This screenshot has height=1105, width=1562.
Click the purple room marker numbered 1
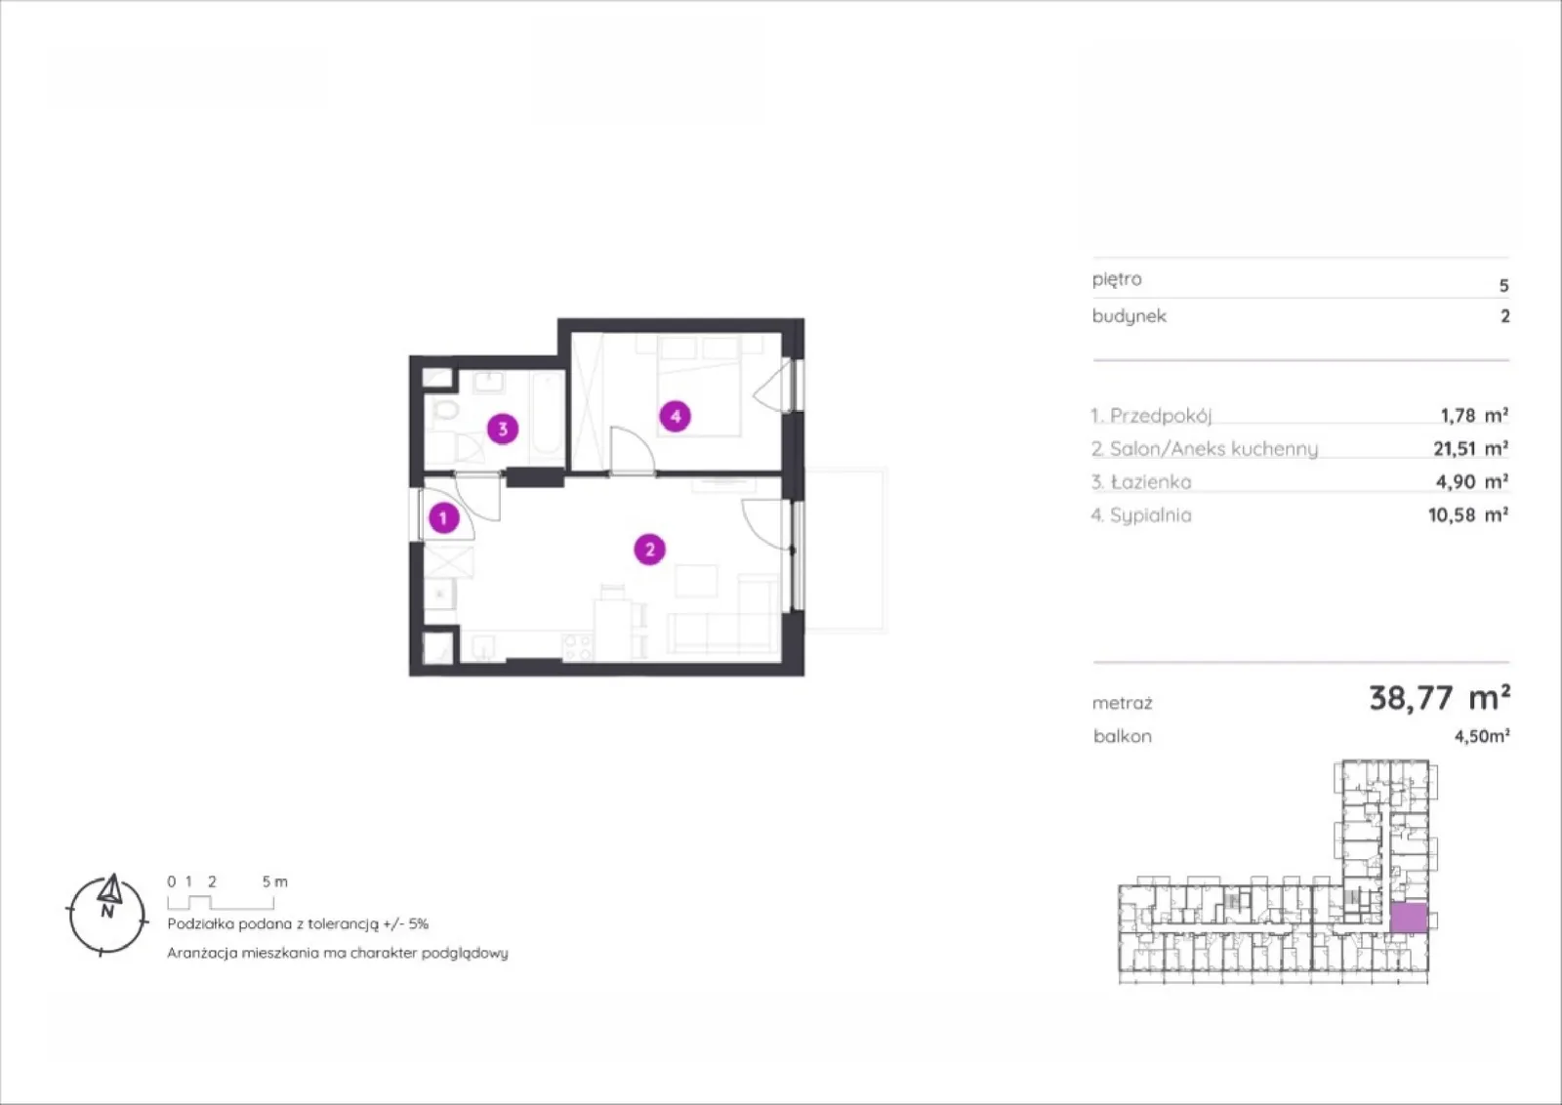[443, 518]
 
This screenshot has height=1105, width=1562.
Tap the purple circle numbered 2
[649, 550]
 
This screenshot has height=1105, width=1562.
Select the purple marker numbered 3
[503, 429]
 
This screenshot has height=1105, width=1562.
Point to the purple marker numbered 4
[675, 416]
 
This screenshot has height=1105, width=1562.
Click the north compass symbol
[107, 914]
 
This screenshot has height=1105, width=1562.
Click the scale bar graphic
[221, 902]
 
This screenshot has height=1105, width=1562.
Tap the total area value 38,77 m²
[1439, 697]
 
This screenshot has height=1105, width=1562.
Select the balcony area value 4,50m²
[1482, 736]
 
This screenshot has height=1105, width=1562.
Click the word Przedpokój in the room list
[1161, 416]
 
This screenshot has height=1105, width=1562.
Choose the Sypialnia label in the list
[1151, 515]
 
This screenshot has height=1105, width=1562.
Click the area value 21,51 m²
[1470, 448]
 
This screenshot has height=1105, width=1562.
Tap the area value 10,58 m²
[1468, 515]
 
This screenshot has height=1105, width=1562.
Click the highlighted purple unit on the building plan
[1409, 919]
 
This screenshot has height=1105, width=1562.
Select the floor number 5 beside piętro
[1504, 286]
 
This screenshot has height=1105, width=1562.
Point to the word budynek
[1129, 316]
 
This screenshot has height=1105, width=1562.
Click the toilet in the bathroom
[444, 410]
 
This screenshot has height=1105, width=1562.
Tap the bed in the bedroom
[698, 386]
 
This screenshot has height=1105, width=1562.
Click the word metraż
[1122, 704]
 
